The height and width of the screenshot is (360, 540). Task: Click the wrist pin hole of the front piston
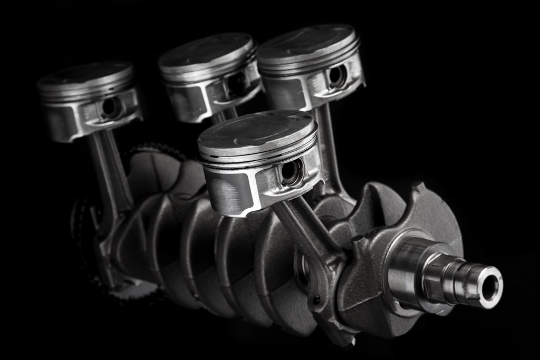point(291,172)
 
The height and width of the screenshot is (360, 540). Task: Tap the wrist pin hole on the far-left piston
point(111,108)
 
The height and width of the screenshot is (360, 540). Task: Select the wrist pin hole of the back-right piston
point(336,76)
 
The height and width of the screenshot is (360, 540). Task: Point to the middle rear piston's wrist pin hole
point(235,84)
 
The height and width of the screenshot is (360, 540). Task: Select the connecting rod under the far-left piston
point(108,169)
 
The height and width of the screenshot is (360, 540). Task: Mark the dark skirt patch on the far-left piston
point(59,122)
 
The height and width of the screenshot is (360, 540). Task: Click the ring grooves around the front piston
point(258,158)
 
